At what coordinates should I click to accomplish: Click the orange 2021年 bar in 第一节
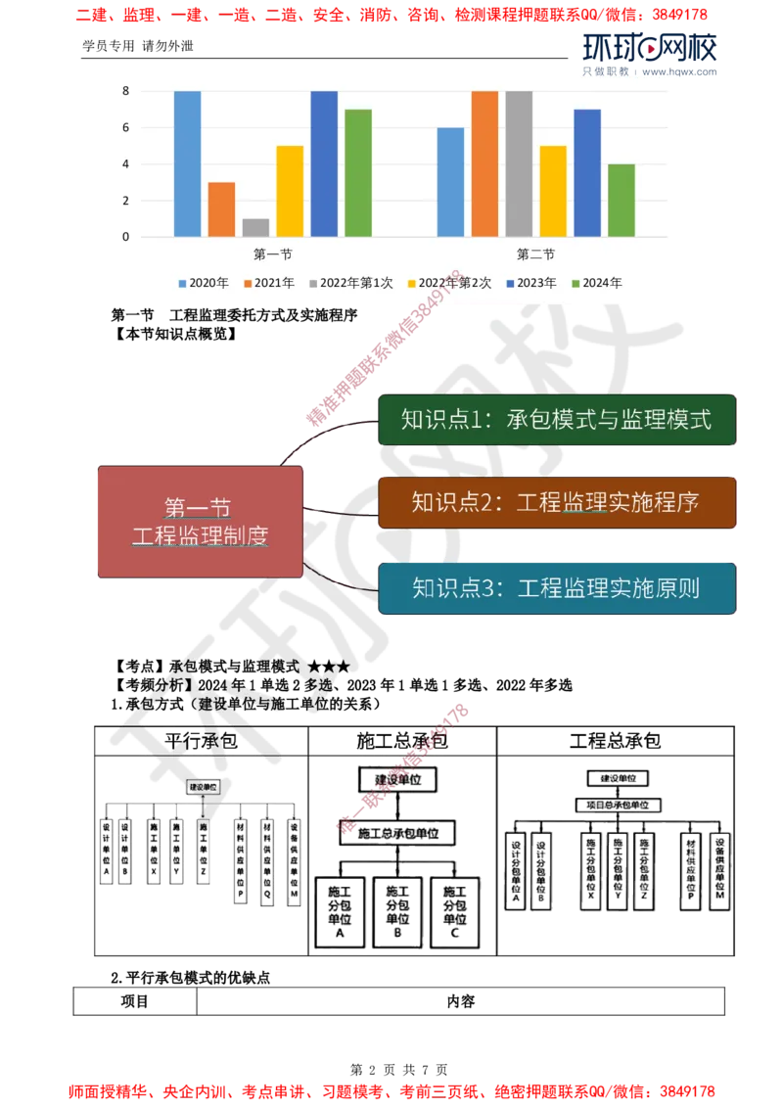coord(221,209)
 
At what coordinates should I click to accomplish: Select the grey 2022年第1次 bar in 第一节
coord(255,227)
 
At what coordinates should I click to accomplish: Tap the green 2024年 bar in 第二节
coord(621,201)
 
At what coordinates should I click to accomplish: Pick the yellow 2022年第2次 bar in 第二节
coord(553,191)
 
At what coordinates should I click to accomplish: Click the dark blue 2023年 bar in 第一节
coord(324,163)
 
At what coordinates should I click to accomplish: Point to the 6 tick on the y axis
coord(125,128)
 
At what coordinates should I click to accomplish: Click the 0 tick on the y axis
coord(125,237)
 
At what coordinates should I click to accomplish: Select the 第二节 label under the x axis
coord(535,254)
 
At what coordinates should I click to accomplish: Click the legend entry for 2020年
coord(203,283)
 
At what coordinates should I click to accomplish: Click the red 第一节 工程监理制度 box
coord(200,522)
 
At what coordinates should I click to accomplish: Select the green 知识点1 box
coord(556,420)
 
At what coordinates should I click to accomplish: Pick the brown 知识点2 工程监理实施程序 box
coord(556,503)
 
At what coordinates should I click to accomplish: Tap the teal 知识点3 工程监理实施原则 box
coord(556,588)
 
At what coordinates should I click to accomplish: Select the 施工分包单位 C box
coord(455,909)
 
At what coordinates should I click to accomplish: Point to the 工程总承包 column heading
coord(615,741)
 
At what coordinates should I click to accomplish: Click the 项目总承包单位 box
coord(617,805)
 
